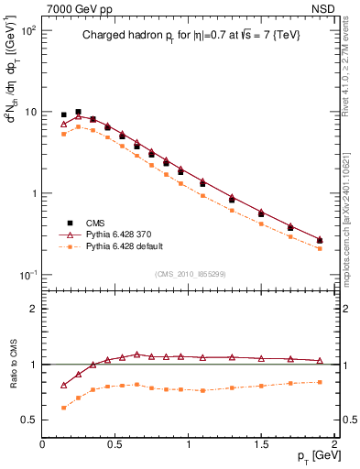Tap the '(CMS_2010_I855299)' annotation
[188, 274]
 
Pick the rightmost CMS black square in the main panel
[319, 241]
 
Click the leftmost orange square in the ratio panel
[63, 408]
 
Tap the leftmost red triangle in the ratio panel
[63, 385]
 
